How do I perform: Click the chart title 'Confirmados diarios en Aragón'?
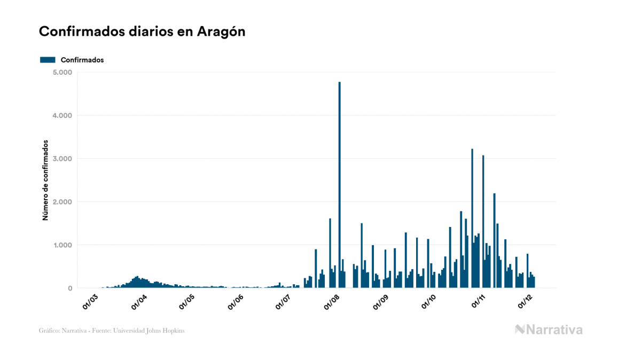click(142, 32)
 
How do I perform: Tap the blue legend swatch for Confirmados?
click(48, 60)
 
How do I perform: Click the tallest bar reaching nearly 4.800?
click(340, 187)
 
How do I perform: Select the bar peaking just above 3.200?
click(472, 219)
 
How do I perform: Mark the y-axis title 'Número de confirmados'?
click(45, 181)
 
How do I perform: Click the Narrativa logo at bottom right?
click(549, 330)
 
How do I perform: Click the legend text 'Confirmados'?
click(82, 60)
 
